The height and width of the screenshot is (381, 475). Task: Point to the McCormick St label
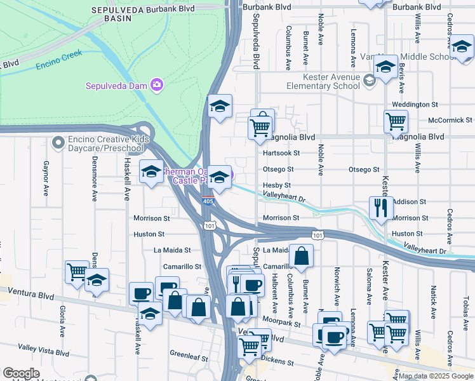point(450,119)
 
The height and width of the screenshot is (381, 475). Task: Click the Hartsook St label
point(281,153)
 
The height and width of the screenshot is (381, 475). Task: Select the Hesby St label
point(277,185)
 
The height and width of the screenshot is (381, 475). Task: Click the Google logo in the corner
point(21,374)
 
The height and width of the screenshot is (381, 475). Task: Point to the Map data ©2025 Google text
point(436,376)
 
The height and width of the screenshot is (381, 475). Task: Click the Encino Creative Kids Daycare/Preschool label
point(98,144)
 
